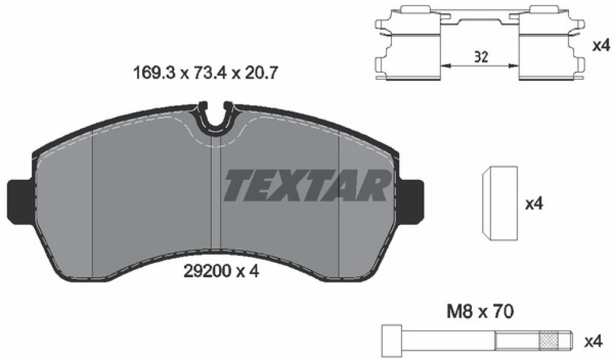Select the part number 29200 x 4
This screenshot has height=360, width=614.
point(221,271)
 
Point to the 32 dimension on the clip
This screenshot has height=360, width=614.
point(481,57)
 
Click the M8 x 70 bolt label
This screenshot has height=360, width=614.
point(480,312)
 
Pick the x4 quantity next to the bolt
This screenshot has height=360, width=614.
point(592,341)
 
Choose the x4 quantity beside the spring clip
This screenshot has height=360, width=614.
point(601,46)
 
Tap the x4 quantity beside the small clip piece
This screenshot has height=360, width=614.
point(534,203)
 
